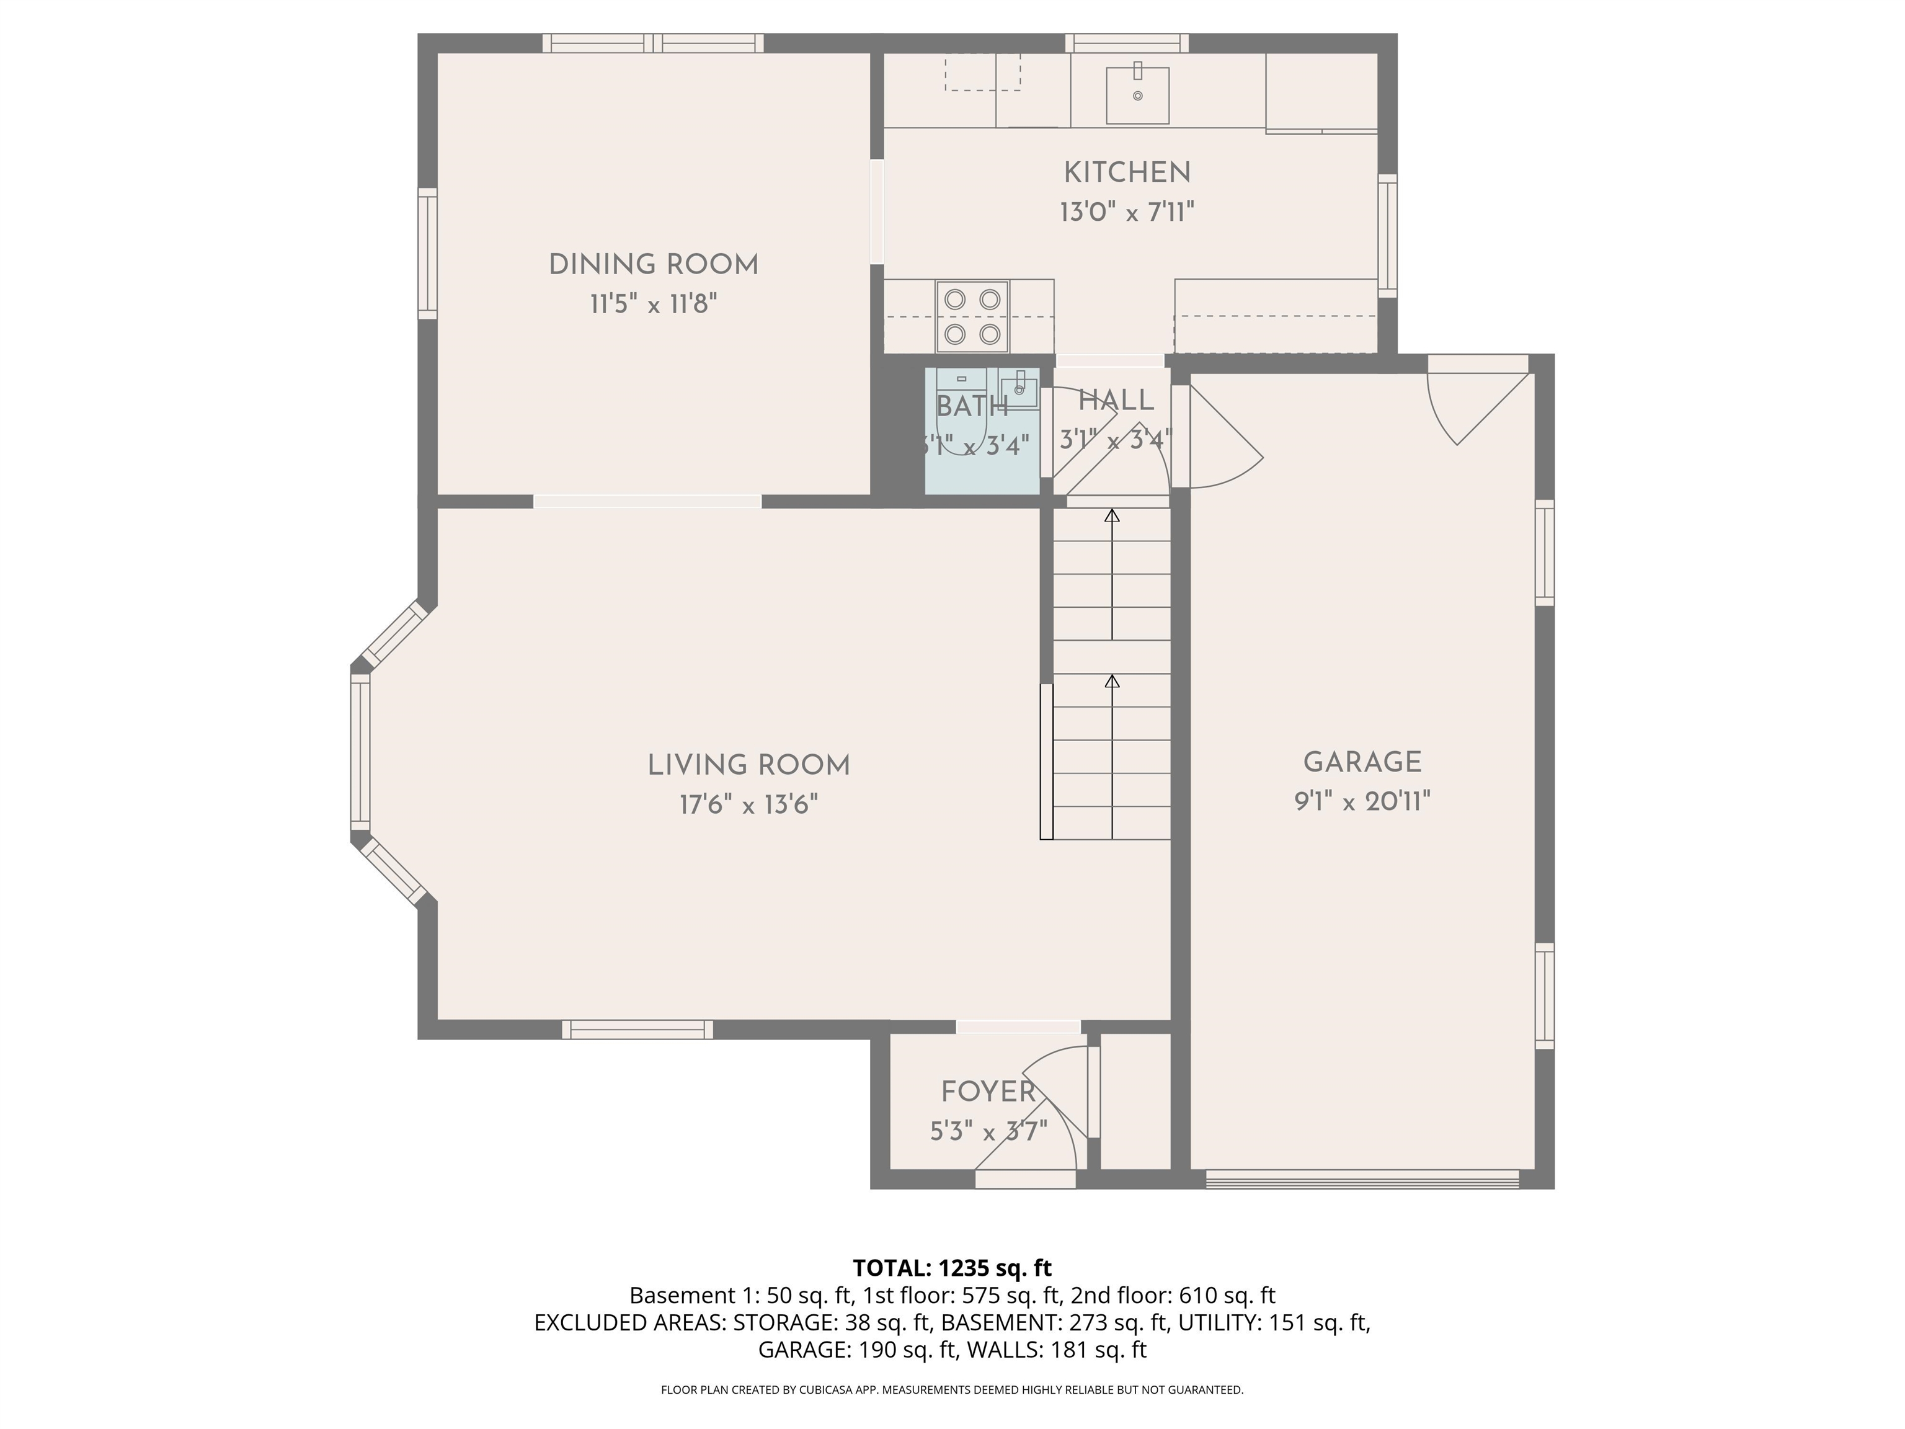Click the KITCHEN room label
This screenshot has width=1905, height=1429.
pos(1127,173)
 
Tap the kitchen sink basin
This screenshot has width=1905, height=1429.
pos(1138,95)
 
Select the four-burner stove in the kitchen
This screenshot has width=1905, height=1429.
pos(972,316)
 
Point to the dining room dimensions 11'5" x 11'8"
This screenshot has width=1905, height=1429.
pos(654,304)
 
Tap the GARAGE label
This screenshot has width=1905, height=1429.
pos(1362,762)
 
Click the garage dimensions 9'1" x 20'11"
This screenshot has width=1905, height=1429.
pos(1362,802)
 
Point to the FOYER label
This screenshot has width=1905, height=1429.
pos(988,1092)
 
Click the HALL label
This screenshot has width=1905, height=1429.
pos(1116,401)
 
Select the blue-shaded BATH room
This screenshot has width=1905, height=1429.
pos(982,430)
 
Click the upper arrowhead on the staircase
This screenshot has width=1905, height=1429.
pos(1112,516)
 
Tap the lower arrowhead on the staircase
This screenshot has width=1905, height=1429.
pos(1112,682)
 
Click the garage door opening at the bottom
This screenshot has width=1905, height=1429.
pos(1362,1178)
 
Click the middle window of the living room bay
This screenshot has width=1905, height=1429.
pos(360,752)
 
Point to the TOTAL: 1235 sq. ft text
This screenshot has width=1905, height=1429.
pos(952,1268)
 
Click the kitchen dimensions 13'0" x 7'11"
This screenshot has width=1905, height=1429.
pos(1127,212)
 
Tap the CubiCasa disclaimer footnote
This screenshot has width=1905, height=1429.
pos(952,1389)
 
